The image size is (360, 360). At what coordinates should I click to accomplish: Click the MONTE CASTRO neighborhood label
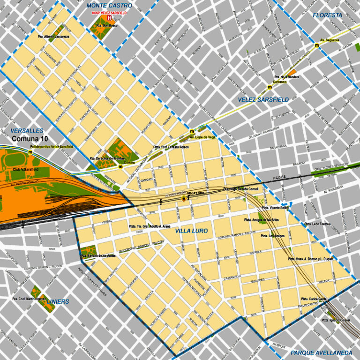[109, 5]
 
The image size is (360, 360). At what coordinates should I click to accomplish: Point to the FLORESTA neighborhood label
[328, 15]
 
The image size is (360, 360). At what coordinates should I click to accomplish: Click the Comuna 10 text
[30, 139]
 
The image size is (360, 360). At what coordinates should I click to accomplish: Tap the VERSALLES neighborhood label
[27, 131]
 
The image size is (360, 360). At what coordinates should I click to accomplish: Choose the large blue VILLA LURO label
[191, 231]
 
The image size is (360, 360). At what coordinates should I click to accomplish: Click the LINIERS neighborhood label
[58, 301]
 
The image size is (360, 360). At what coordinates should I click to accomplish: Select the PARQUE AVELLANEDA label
[321, 352]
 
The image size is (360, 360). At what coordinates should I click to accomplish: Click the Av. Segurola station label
[329, 40]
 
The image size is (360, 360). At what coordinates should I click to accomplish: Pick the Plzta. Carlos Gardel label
[314, 299]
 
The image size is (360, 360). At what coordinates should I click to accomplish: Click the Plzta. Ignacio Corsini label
[337, 320]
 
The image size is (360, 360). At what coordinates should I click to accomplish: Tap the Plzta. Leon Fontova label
[318, 224]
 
